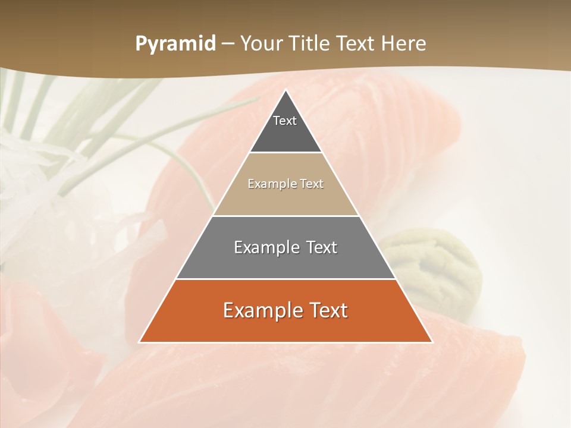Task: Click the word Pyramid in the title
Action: point(175,44)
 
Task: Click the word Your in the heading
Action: point(262,44)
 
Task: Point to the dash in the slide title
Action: point(228,44)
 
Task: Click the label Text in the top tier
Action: point(285,121)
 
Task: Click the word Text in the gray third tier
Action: point(318,247)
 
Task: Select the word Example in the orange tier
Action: point(262,310)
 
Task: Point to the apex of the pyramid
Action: point(286,91)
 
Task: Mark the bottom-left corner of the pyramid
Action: point(140,342)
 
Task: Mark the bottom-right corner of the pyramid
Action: point(432,342)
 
